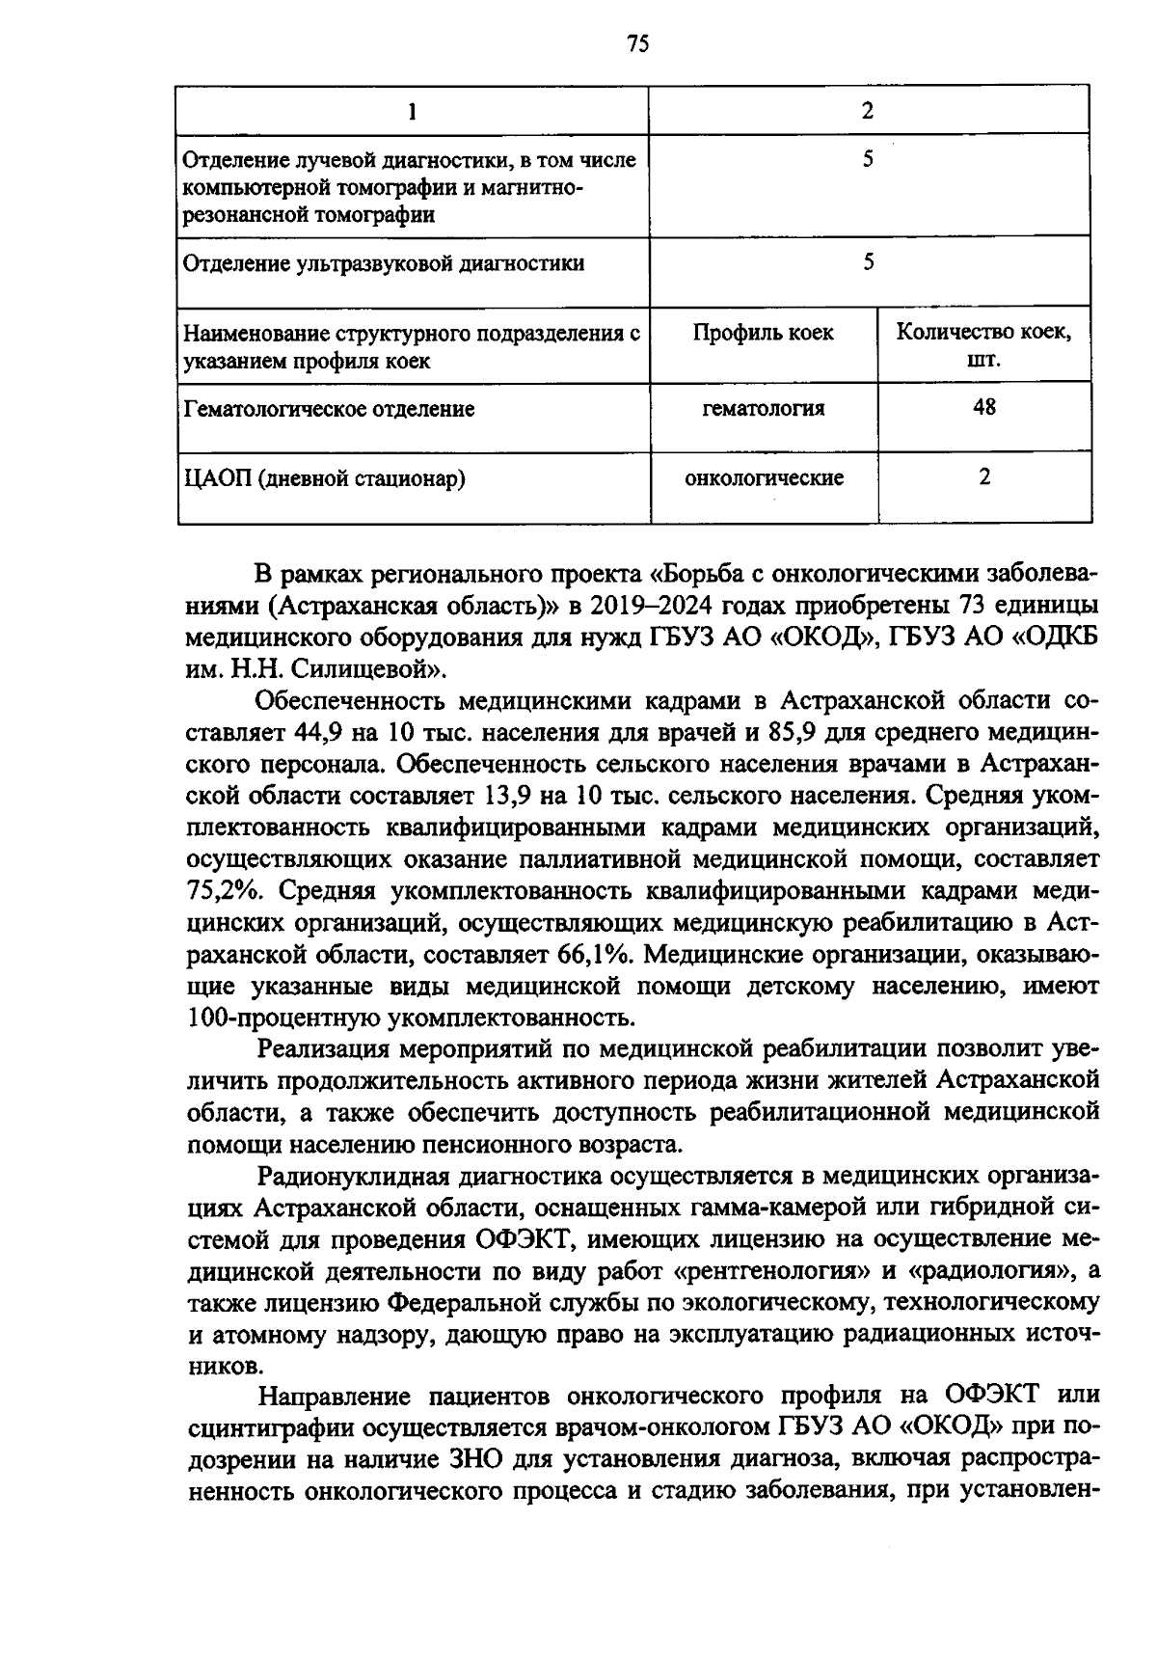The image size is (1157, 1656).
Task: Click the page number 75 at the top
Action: (637, 43)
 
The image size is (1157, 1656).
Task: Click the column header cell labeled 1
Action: (413, 112)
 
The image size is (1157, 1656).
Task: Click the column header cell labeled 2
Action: (868, 111)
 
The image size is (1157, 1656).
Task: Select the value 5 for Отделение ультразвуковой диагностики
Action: (868, 261)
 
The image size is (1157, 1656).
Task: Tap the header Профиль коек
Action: (763, 333)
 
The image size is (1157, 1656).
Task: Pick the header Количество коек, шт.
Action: (983, 346)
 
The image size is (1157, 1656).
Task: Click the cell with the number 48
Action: (984, 407)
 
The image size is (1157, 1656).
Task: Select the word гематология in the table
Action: (763, 409)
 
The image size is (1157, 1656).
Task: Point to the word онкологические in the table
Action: (763, 477)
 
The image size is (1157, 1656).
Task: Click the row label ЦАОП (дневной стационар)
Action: (324, 478)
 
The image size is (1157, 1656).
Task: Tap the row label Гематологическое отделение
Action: (328, 409)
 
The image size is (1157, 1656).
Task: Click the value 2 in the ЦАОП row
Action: (984, 476)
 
